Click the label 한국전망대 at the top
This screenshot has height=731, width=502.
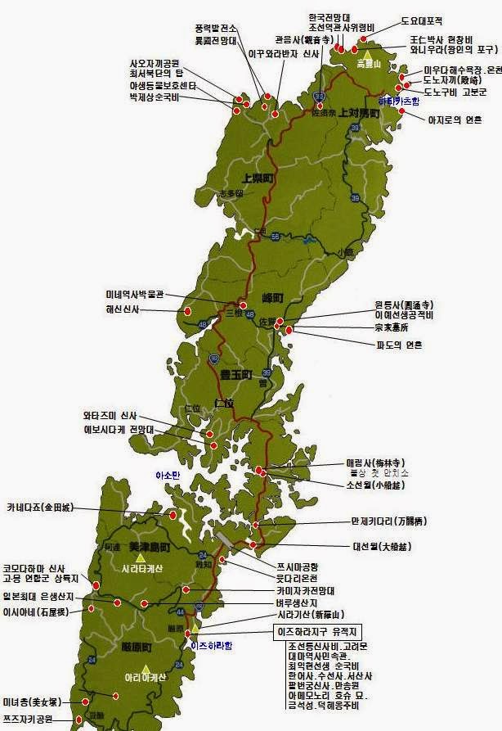click(x=329, y=16)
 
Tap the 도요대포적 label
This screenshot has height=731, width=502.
click(x=421, y=20)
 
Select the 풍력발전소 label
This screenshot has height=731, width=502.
click(x=216, y=28)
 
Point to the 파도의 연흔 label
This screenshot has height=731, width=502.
click(x=399, y=345)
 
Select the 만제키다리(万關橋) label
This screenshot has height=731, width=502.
click(x=388, y=521)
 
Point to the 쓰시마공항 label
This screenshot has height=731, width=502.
click(x=298, y=566)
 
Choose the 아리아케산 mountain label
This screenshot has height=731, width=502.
click(x=144, y=677)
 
